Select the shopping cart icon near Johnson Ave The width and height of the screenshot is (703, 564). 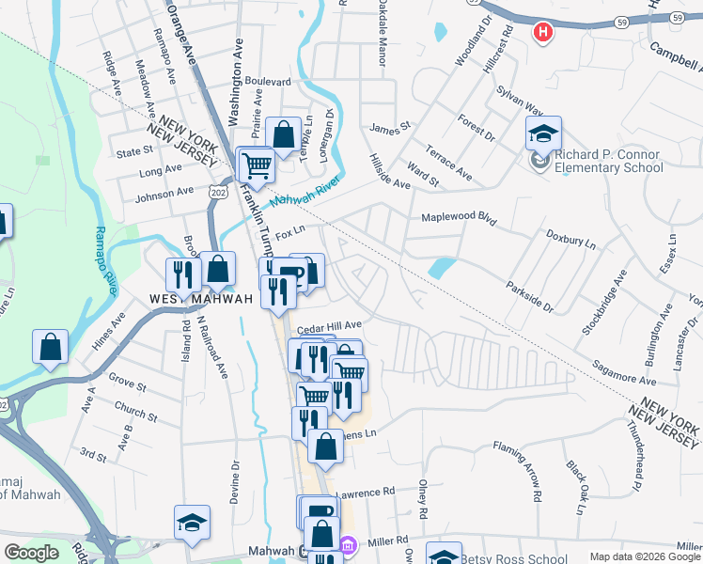point(256,166)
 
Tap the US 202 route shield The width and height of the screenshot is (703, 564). point(219,192)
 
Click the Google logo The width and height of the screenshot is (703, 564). point(31,553)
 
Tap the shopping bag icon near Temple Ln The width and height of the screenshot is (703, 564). point(283,135)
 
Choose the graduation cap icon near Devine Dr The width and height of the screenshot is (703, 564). point(192,524)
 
